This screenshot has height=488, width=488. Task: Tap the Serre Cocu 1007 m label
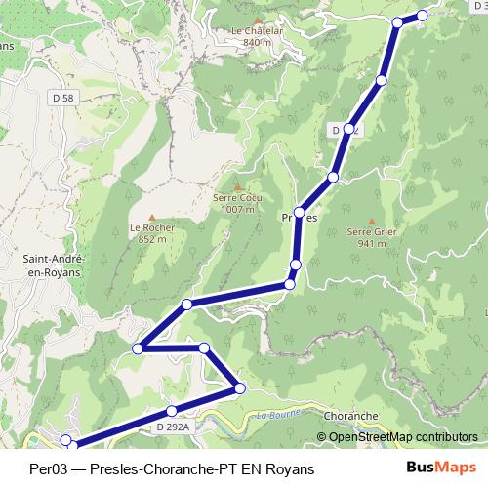coord(237,203)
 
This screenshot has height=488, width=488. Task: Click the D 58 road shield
coord(64,98)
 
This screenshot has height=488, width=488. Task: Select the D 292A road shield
coord(171,427)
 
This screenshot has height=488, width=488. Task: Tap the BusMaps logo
coord(437,468)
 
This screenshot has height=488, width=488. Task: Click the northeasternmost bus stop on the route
coord(423,15)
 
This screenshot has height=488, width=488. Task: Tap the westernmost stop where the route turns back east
coord(139,347)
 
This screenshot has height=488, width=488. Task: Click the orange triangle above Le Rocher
coord(151,217)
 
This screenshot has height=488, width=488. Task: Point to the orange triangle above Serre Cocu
coord(237,186)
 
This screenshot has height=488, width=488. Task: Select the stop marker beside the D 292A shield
coord(172,411)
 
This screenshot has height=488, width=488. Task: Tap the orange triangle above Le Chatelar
coord(258,20)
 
